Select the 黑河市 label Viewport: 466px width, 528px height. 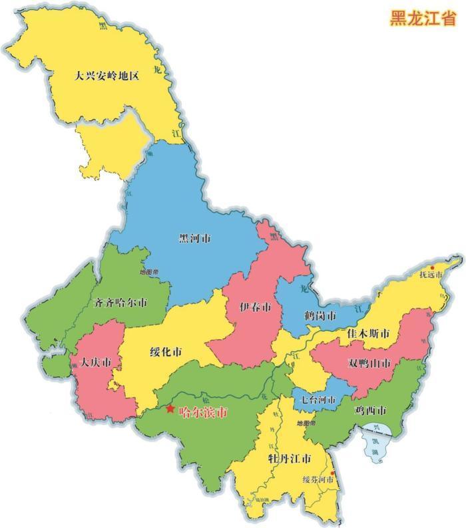tap(195, 238)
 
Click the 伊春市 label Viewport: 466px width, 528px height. tap(255, 308)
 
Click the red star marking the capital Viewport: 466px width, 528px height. tap(171, 409)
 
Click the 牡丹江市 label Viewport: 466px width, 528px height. tap(288, 460)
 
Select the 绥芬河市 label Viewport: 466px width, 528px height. tap(317, 479)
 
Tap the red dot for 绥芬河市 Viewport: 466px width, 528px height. tap(333, 473)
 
